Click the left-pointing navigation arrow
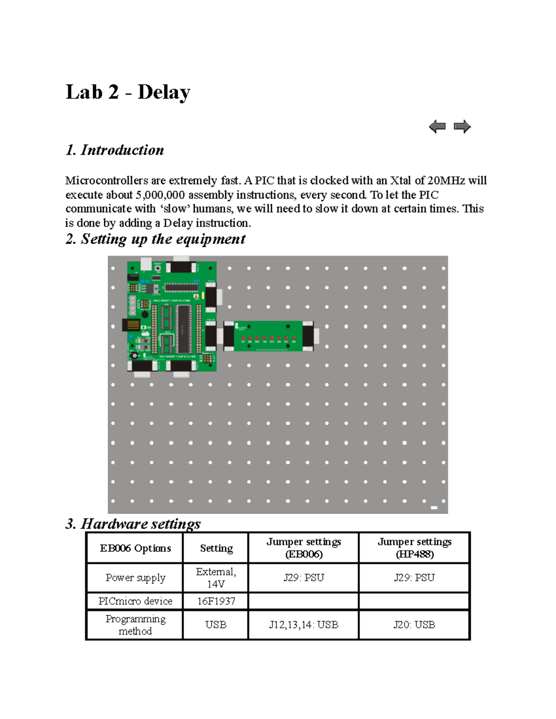click(x=437, y=126)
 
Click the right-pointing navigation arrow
click(x=462, y=126)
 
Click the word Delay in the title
click(x=164, y=92)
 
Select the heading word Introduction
click(x=122, y=150)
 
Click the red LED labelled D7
click(x=243, y=338)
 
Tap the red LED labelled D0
click(x=294, y=338)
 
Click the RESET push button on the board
click(x=158, y=268)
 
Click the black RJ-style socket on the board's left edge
click(x=131, y=324)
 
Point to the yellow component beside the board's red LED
click(x=203, y=295)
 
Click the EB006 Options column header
click(x=135, y=548)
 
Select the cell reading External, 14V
click(x=216, y=578)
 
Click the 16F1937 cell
click(x=216, y=601)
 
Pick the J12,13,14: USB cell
click(x=303, y=625)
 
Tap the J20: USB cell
click(x=414, y=625)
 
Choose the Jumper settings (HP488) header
click(x=414, y=548)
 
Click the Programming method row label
click(x=135, y=625)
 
